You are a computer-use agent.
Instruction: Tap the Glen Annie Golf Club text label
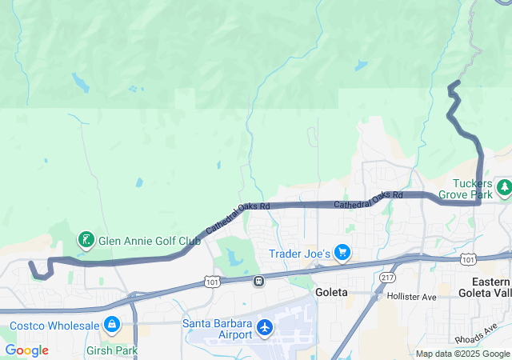tap(149, 239)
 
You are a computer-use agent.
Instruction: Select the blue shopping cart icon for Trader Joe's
tap(342, 253)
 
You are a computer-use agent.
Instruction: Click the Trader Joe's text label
tap(300, 254)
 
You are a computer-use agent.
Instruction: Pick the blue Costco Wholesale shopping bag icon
tap(111, 325)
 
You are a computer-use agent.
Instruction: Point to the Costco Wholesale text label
tap(54, 326)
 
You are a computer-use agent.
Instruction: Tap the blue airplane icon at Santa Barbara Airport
tap(265, 327)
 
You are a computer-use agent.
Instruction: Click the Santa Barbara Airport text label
tap(217, 328)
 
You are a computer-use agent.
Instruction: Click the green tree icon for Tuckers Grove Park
tap(504, 188)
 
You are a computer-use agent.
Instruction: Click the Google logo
tap(26, 350)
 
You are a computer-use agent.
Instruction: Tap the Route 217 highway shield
tap(388, 277)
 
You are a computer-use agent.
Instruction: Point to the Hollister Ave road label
tap(411, 296)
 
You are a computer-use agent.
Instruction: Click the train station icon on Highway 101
tap(258, 281)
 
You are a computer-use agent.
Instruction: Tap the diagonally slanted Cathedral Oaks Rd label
tap(238, 218)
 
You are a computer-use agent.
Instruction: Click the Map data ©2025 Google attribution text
tap(462, 354)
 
